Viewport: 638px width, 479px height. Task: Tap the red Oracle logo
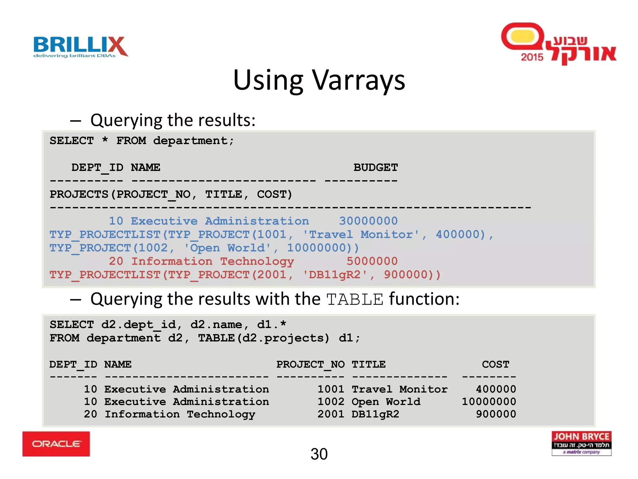(56, 444)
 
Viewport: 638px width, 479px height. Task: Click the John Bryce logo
(581, 443)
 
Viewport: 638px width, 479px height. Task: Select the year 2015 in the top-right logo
(532, 57)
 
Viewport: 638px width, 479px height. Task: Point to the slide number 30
(319, 454)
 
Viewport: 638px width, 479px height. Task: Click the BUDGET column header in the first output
(375, 167)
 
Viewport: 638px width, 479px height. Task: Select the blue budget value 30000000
(368, 221)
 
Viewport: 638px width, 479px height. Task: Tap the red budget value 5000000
(372, 261)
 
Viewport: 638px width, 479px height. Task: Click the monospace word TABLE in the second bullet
(355, 300)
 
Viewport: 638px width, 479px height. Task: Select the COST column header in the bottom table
(495, 364)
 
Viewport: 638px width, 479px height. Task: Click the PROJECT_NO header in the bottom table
(310, 364)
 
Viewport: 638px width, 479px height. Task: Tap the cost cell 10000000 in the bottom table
(489, 402)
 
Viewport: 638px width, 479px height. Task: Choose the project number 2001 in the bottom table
(331, 414)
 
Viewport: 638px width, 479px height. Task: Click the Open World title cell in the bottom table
(386, 402)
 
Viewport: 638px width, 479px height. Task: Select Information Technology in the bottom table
(180, 414)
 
